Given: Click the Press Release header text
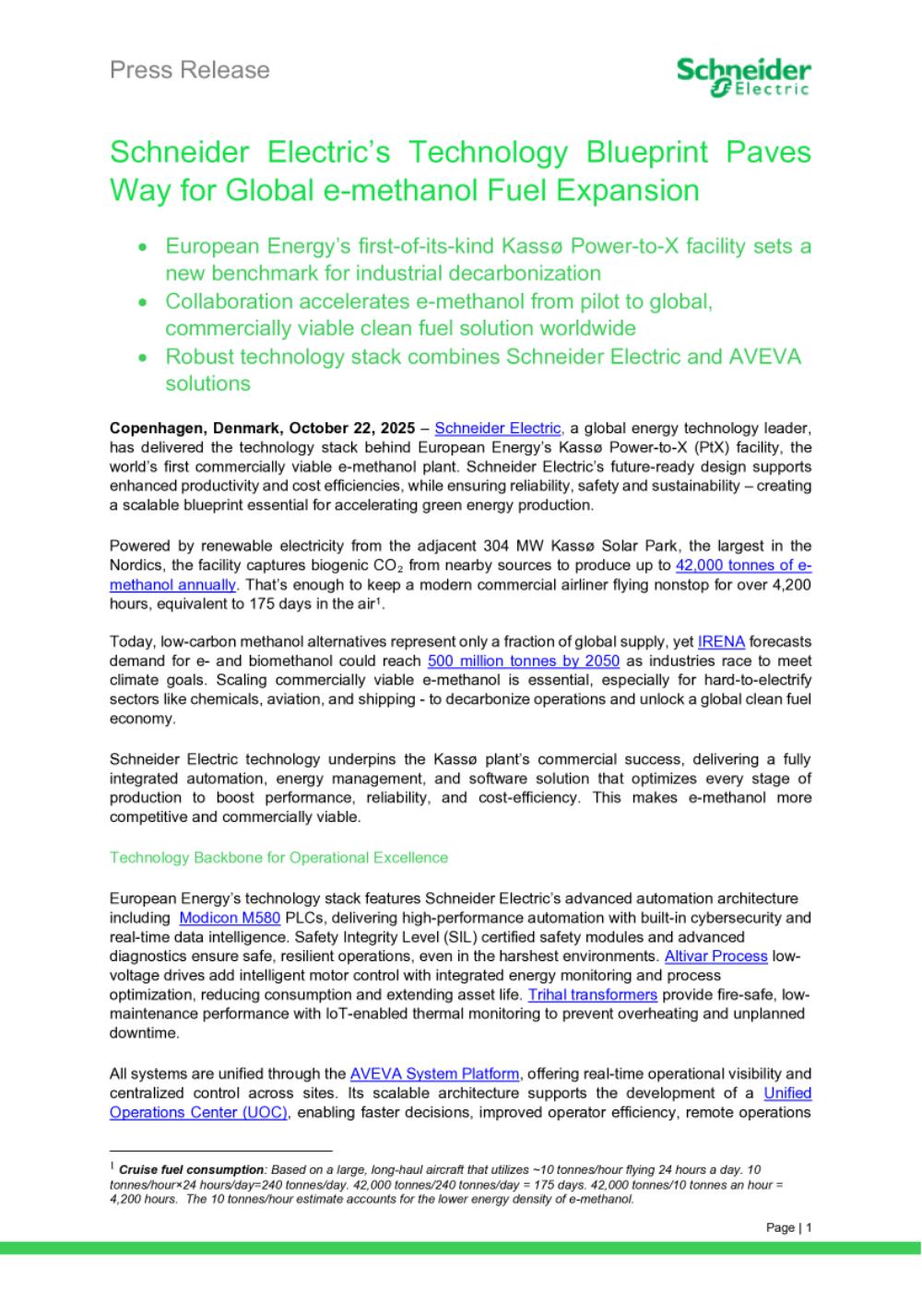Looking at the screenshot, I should pos(190,70).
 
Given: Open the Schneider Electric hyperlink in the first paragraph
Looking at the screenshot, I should pos(499,428).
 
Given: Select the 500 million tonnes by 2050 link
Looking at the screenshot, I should pos(524,661).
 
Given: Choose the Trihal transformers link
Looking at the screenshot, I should pos(592,994).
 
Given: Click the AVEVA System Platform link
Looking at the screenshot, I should pos(434,1073).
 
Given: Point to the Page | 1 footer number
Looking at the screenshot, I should pos(788,1227).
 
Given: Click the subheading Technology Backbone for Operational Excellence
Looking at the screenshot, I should pos(278,857).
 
